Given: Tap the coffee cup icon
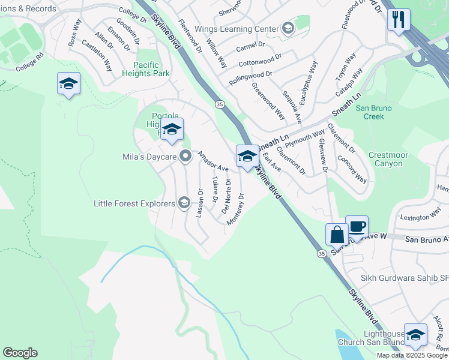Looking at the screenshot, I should (357, 227).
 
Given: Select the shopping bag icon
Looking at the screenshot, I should (337, 235).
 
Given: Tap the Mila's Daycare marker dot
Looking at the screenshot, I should (186, 156).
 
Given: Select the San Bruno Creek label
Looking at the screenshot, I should (373, 112).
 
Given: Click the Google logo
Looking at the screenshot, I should (20, 353).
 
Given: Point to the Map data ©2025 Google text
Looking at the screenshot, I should (412, 355).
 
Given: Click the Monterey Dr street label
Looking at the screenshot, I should (236, 209).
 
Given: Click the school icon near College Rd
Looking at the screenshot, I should (68, 84).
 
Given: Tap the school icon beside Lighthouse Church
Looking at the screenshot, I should (415, 336).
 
